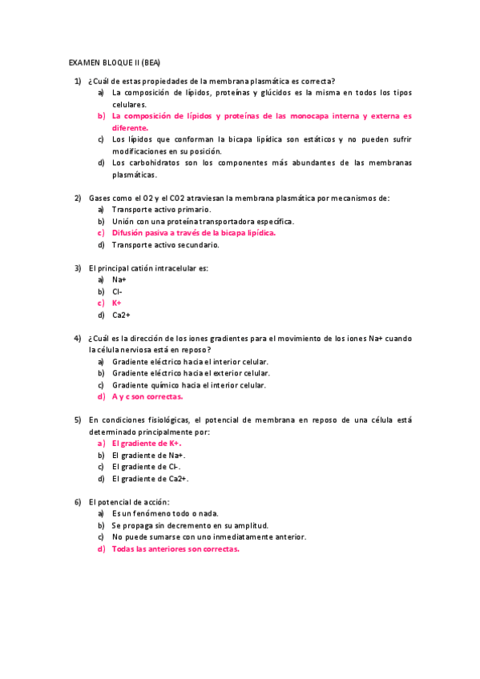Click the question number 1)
pyautogui.click(x=78, y=81)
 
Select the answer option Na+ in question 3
pyautogui.click(x=119, y=279)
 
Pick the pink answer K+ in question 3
pyautogui.click(x=117, y=303)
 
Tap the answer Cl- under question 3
pyautogui.click(x=117, y=291)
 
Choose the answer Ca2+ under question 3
pyautogui.click(x=121, y=315)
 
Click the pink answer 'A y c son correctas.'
pyautogui.click(x=147, y=396)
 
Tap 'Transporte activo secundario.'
pyautogui.click(x=159, y=245)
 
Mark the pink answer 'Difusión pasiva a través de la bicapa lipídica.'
pyautogui.click(x=193, y=233)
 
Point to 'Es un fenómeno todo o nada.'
pyautogui.click(x=165, y=513)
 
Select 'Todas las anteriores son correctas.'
pyautogui.click(x=175, y=549)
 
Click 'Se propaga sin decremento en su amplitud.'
pyautogui.click(x=190, y=525)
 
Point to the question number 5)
pyautogui.click(x=78, y=420)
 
